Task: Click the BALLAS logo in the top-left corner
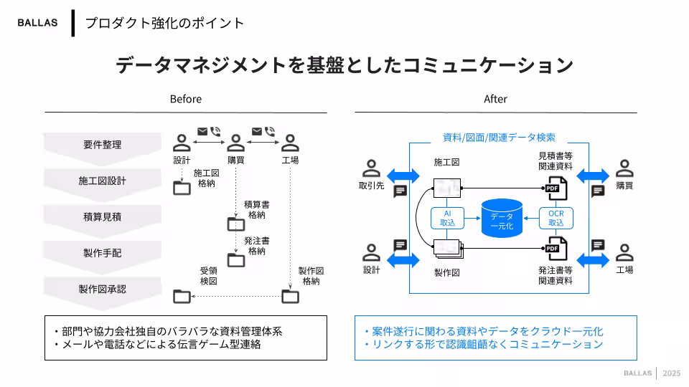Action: (x=37, y=22)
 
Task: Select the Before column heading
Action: (x=185, y=99)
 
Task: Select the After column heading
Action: (x=495, y=99)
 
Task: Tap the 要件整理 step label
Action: (x=102, y=144)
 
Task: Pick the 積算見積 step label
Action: (x=102, y=216)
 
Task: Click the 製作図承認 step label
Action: (x=102, y=289)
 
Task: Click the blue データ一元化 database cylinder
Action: (x=502, y=216)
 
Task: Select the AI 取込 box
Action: (x=448, y=218)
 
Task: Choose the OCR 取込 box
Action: (x=556, y=218)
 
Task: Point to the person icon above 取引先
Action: (x=372, y=169)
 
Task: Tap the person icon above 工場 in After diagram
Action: (x=624, y=252)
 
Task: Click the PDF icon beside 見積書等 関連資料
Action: (x=556, y=188)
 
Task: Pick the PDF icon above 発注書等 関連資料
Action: (x=556, y=249)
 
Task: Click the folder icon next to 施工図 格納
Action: (x=182, y=188)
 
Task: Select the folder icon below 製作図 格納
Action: (x=290, y=296)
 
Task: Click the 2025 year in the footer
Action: (x=672, y=373)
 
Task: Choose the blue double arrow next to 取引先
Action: (x=403, y=175)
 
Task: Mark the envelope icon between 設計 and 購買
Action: (x=202, y=131)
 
